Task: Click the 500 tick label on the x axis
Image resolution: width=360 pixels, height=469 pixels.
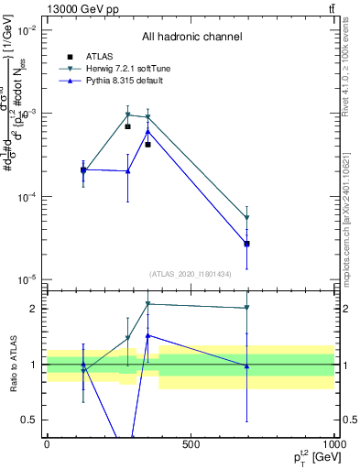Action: pyautogui.click(x=191, y=445)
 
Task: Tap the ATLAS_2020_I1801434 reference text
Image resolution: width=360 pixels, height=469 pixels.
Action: pyautogui.click(x=191, y=274)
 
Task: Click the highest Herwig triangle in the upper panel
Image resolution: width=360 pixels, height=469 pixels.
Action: pyautogui.click(x=128, y=115)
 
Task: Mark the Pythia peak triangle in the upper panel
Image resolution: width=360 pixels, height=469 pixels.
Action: pyautogui.click(x=147, y=131)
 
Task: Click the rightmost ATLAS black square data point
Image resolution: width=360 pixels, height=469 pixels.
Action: pyautogui.click(x=246, y=244)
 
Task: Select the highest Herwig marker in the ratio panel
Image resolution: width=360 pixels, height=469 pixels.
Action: pyautogui.click(x=147, y=304)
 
